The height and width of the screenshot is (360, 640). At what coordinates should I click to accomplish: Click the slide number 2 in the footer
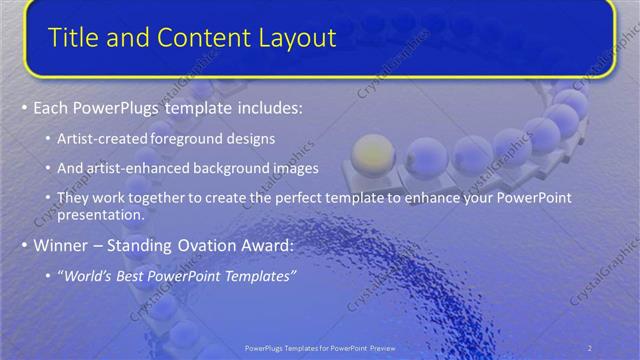click(x=590, y=347)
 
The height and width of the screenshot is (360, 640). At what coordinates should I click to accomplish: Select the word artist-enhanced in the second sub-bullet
click(x=130, y=169)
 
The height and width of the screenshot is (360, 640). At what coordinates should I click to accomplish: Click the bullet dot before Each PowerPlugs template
click(x=24, y=108)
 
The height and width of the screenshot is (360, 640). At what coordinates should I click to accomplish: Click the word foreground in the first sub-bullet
click(x=188, y=138)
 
